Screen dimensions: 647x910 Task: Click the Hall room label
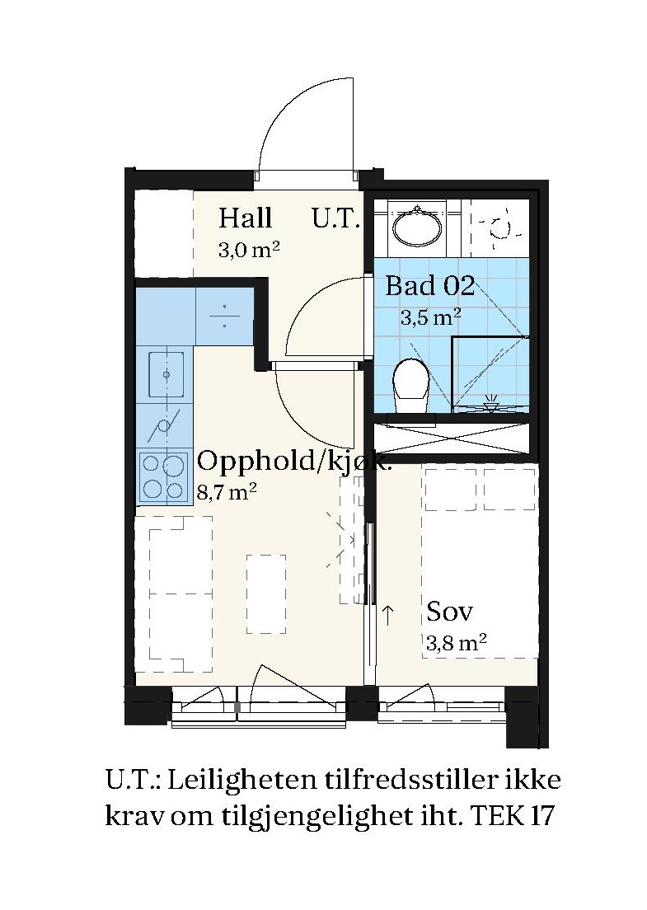[x=246, y=218]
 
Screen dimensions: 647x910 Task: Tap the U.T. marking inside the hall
[x=336, y=218]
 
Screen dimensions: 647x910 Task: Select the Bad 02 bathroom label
[x=430, y=285]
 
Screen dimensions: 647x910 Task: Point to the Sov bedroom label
[x=450, y=611]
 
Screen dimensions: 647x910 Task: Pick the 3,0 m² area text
[x=249, y=250]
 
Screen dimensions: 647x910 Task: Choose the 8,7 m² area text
[x=227, y=493]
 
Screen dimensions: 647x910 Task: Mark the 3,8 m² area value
[x=456, y=643]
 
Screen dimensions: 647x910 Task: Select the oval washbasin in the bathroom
[x=416, y=227]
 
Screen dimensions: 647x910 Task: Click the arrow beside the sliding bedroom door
[x=387, y=614]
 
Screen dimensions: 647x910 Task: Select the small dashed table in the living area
[x=266, y=593]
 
